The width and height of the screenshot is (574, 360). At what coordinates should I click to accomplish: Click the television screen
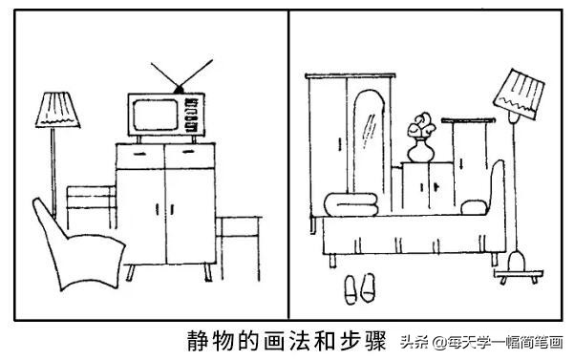tap(156, 115)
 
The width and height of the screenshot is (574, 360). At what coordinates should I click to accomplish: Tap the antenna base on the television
tap(179, 89)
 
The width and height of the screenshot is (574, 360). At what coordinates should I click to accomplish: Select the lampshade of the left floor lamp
tap(57, 110)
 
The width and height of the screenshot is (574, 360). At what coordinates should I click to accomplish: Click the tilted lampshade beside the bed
tap(519, 95)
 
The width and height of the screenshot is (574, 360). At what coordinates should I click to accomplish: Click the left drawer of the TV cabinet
tap(140, 156)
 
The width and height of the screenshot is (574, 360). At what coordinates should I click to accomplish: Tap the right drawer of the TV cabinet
tap(190, 156)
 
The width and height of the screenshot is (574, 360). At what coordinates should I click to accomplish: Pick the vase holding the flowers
tap(420, 151)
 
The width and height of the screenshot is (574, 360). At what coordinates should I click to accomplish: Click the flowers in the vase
tap(421, 125)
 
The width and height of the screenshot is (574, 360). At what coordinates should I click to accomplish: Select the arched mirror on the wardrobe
tap(369, 142)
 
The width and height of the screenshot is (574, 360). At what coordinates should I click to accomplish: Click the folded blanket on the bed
tap(351, 204)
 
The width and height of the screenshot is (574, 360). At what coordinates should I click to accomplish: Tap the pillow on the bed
tap(474, 207)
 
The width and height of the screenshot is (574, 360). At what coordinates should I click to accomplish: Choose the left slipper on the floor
tap(351, 289)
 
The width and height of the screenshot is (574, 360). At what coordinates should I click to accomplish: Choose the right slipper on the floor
tap(369, 288)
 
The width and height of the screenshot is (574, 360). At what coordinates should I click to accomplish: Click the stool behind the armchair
tap(92, 207)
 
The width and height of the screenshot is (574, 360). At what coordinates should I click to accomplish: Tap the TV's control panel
tap(192, 115)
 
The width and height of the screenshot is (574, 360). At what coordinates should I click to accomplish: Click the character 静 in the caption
tap(198, 341)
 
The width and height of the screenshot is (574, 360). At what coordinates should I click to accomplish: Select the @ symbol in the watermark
tap(440, 343)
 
